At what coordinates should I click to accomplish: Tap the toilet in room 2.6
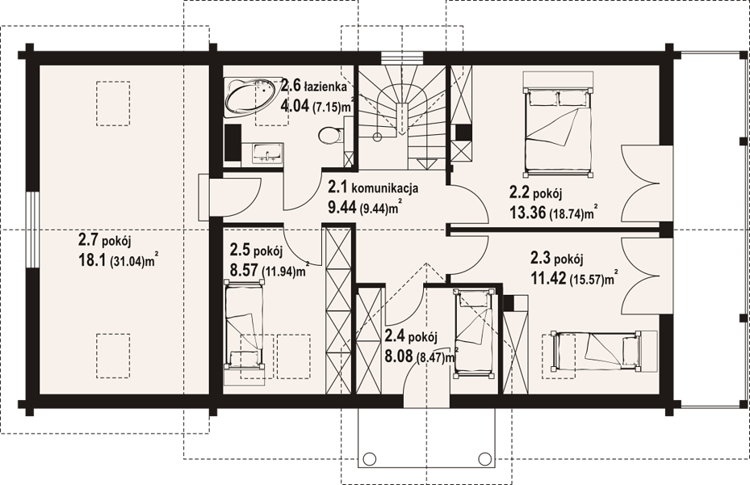pyautogui.click(x=330, y=134)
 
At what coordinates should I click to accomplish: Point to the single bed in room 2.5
pyautogui.click(x=245, y=325)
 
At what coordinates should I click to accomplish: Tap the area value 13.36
pyautogui.click(x=527, y=212)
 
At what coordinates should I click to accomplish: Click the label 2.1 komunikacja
pyautogui.click(x=373, y=188)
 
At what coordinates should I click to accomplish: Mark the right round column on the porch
pyautogui.click(x=484, y=458)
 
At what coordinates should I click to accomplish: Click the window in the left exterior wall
pyautogui.click(x=31, y=230)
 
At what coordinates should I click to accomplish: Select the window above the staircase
pyautogui.click(x=402, y=57)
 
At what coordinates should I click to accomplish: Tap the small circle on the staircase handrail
pyautogui.click(x=377, y=136)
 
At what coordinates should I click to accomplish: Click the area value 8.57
pyautogui.click(x=244, y=270)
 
